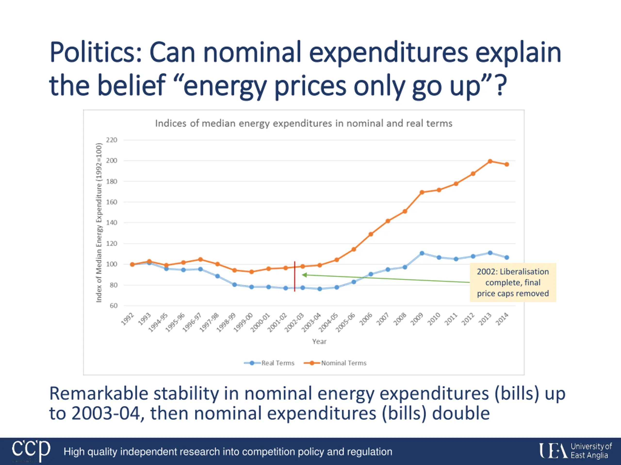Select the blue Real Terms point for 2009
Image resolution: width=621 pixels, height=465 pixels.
(x=422, y=253)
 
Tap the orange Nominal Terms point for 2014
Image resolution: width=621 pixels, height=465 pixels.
(x=507, y=164)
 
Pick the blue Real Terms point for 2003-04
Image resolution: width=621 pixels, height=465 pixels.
(x=319, y=289)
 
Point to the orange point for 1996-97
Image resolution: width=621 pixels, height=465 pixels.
(x=200, y=260)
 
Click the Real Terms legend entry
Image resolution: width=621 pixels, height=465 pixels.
(x=269, y=363)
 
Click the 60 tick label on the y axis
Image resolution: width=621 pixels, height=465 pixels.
(x=114, y=306)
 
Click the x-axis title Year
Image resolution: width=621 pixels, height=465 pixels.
(x=319, y=341)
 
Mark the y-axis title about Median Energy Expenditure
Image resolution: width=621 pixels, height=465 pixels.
(x=99, y=223)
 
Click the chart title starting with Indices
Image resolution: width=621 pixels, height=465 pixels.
(x=303, y=123)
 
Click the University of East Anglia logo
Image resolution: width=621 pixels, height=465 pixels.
(x=575, y=451)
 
